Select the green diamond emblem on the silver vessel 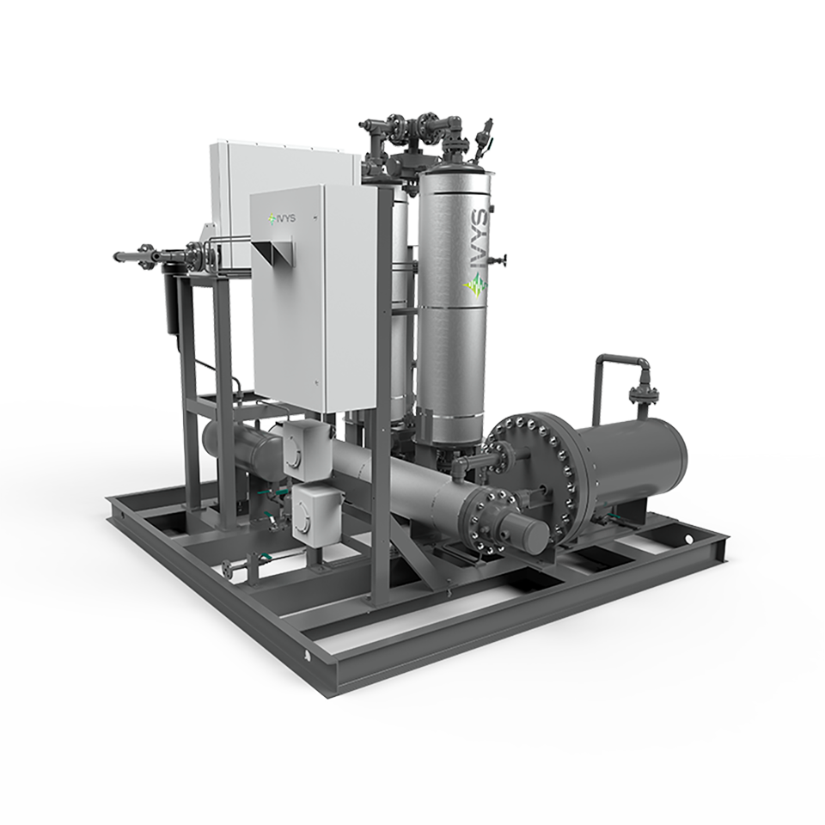click(475, 287)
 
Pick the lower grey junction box click(317, 510)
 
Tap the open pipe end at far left click(117, 257)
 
